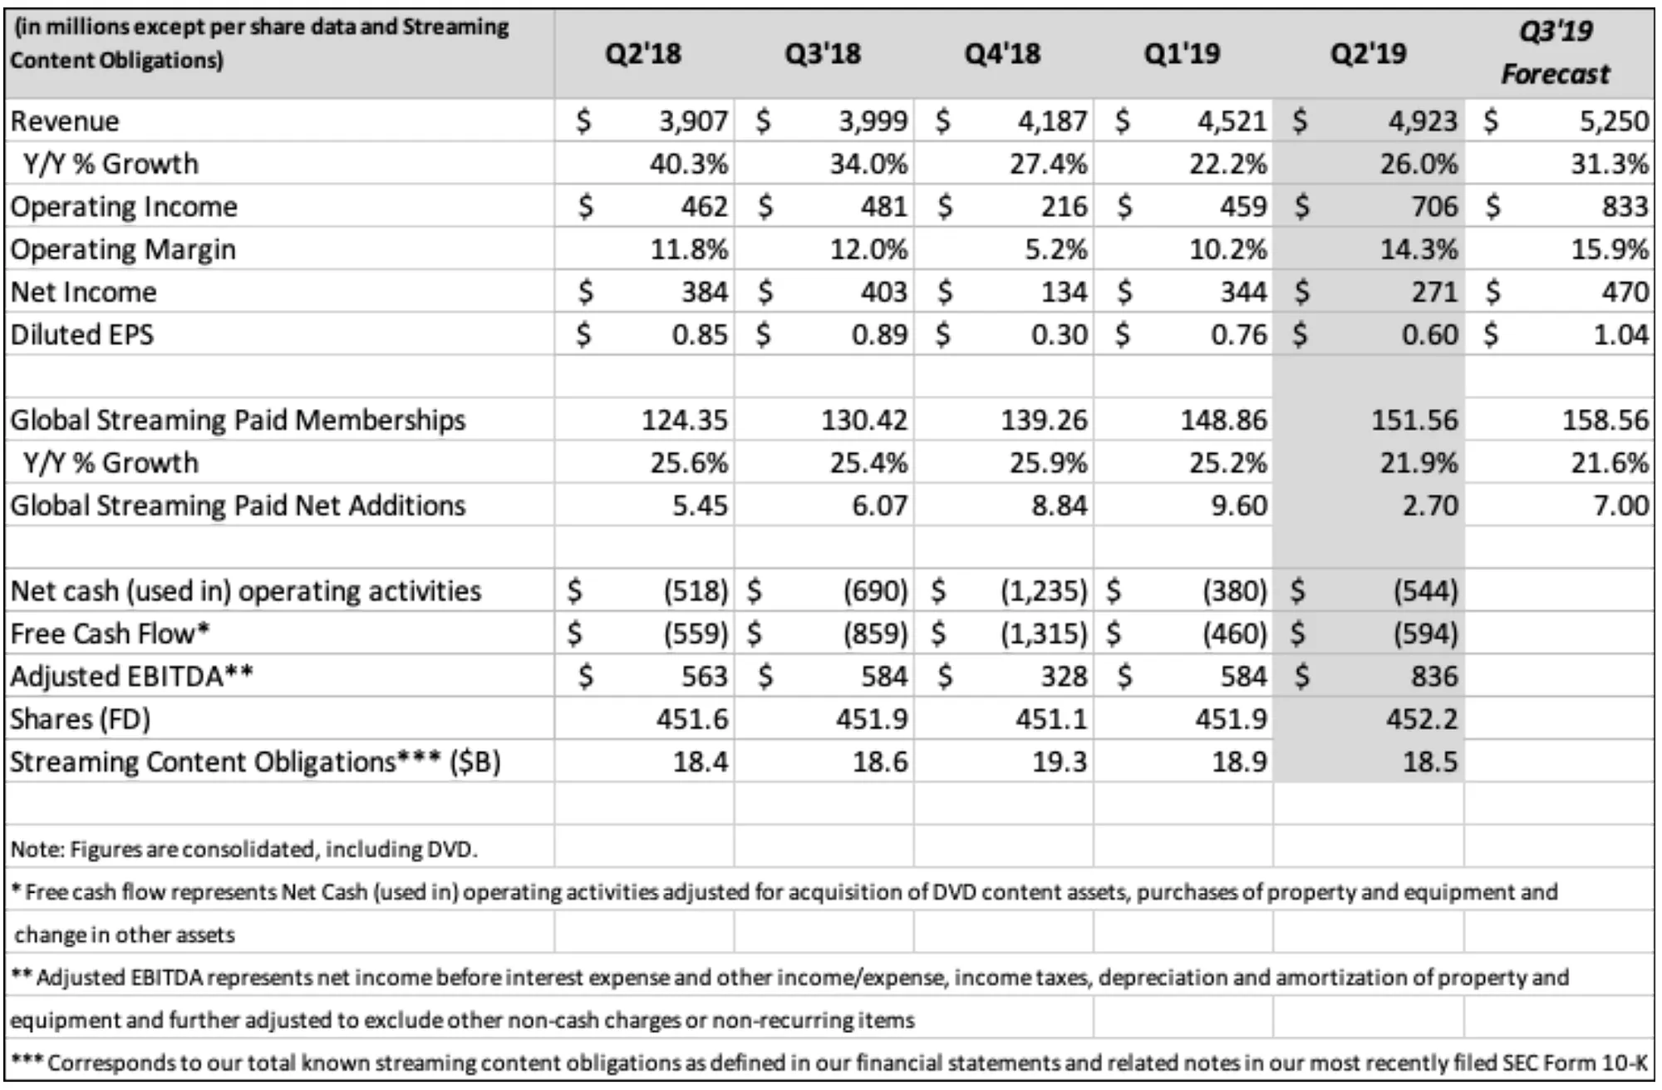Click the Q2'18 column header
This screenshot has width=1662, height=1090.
643,54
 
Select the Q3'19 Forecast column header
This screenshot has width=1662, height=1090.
1556,52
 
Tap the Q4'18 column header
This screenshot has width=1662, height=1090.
1002,54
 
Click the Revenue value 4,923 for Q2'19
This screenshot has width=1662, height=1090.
1423,121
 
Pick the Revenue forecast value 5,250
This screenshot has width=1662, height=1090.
1614,121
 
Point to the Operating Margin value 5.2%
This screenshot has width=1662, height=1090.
1055,249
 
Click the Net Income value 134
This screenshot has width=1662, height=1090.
1064,292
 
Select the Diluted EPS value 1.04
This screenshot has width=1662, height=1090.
1620,334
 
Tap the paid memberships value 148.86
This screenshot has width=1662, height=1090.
1224,420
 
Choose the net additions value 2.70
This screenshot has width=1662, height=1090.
1430,506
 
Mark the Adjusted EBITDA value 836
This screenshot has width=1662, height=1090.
1434,676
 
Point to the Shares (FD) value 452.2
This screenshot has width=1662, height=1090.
1422,718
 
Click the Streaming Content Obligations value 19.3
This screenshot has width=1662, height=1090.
1060,762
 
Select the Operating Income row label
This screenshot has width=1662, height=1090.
124,207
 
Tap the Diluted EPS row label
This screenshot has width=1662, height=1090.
82,334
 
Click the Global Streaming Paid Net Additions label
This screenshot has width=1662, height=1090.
238,506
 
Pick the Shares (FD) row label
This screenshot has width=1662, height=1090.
80,719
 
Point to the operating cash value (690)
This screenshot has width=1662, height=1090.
875,591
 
